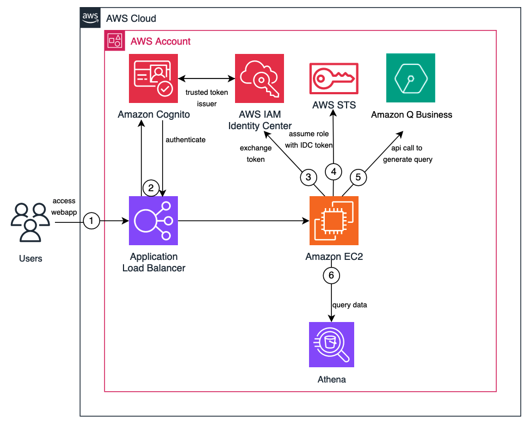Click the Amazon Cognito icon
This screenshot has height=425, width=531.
(x=153, y=78)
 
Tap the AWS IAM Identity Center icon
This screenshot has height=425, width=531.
(x=260, y=78)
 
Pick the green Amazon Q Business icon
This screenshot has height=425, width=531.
(x=411, y=78)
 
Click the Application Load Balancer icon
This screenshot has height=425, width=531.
(x=153, y=221)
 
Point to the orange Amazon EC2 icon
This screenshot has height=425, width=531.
(x=334, y=221)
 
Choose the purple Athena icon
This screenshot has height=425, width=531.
(x=331, y=344)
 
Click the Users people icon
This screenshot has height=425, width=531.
(x=30, y=222)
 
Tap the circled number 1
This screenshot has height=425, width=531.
(x=91, y=221)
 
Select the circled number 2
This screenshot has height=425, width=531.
(x=151, y=189)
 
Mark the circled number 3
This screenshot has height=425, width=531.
(x=308, y=177)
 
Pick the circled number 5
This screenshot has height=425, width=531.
(x=358, y=177)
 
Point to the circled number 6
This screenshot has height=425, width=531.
(x=331, y=275)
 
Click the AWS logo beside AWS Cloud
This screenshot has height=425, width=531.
(x=90, y=18)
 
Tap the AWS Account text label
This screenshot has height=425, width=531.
(x=160, y=41)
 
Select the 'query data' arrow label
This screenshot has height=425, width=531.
(x=349, y=305)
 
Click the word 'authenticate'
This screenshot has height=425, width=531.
(x=186, y=140)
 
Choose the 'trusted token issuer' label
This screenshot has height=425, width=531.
(x=207, y=98)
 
